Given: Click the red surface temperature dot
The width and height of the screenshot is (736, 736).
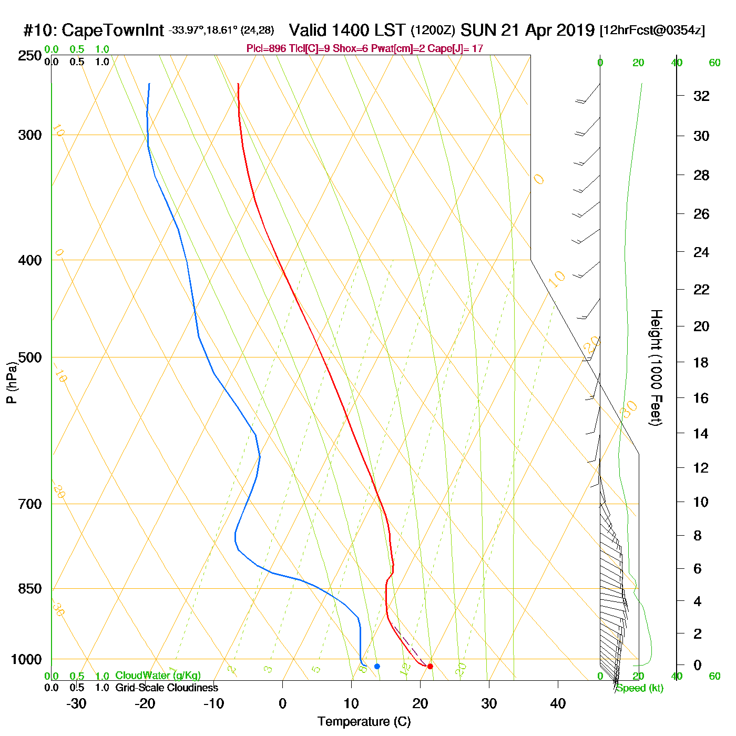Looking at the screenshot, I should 430,667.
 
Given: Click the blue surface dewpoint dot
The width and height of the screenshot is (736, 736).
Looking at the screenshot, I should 377,667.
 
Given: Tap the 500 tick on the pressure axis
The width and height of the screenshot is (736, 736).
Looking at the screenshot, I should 29,357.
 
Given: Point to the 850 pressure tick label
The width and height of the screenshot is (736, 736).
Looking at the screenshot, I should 29,589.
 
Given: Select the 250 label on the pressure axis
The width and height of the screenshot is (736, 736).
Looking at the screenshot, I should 29,56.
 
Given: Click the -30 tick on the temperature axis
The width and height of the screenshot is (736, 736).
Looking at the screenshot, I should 76,703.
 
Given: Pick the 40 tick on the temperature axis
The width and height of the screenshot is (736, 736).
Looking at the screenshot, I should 558,703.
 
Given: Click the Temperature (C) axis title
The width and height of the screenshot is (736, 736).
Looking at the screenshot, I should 364,722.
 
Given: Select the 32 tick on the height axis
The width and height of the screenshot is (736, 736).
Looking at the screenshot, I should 701,96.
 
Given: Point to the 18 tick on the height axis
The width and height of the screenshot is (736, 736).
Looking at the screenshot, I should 701,362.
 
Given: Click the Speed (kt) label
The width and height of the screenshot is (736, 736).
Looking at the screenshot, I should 639,688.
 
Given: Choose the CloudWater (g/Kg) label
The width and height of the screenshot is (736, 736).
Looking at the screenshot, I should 158,676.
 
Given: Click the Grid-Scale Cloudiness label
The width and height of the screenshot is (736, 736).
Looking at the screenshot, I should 167,688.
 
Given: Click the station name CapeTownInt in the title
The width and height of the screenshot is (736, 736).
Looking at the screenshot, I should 113,30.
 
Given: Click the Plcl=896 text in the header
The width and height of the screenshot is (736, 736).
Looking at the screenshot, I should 267,49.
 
